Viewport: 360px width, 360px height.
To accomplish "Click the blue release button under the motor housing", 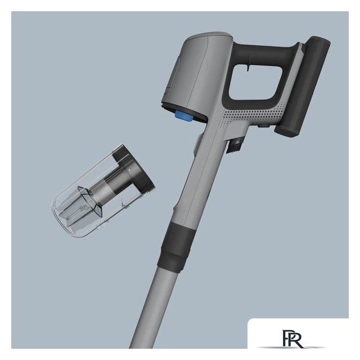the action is tap(184, 115).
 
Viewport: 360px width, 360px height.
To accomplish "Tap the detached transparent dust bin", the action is tap(103, 191).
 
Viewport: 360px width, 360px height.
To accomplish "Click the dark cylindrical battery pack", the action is tap(303, 87).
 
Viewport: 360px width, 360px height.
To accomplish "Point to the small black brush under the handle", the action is tap(235, 146).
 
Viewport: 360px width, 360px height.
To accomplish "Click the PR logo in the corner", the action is tap(293, 339).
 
